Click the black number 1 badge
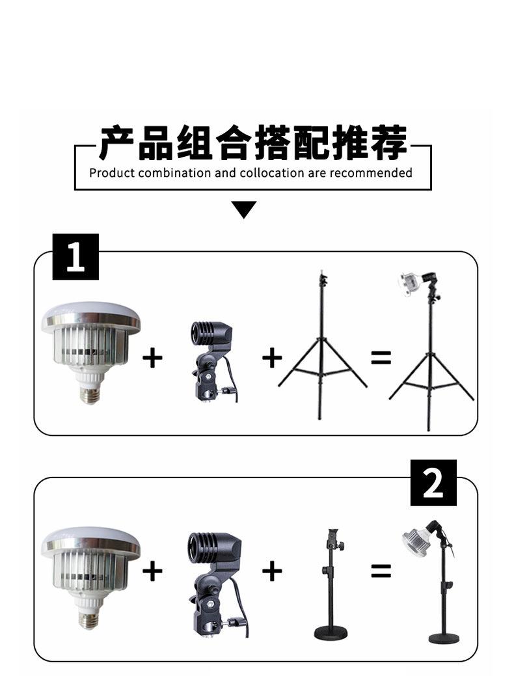(x=75, y=256)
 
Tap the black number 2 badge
(x=433, y=482)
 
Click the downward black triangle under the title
(x=243, y=209)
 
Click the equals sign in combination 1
(x=381, y=358)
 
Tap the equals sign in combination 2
(x=381, y=572)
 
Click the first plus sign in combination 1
(x=152, y=358)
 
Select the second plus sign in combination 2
(x=272, y=572)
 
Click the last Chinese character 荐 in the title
(x=389, y=142)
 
